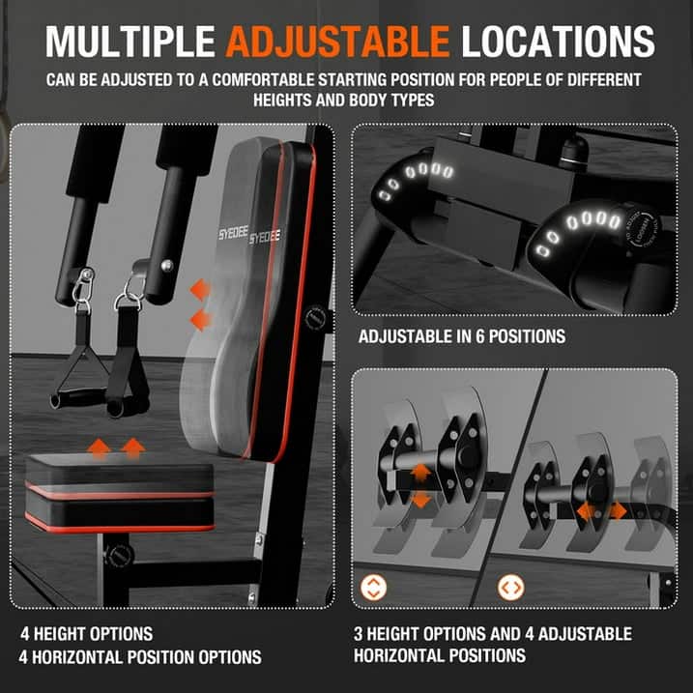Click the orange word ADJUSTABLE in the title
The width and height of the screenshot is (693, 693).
click(338, 40)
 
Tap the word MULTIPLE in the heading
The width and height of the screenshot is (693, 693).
click(131, 40)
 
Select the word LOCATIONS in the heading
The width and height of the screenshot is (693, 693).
click(558, 40)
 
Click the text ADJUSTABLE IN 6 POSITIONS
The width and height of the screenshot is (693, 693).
click(461, 337)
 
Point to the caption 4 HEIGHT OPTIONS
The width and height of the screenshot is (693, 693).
click(87, 634)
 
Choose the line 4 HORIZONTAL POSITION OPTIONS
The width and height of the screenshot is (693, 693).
click(141, 657)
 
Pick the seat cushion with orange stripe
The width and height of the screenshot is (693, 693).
click(120, 493)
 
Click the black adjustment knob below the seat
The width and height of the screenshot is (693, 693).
click(120, 556)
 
